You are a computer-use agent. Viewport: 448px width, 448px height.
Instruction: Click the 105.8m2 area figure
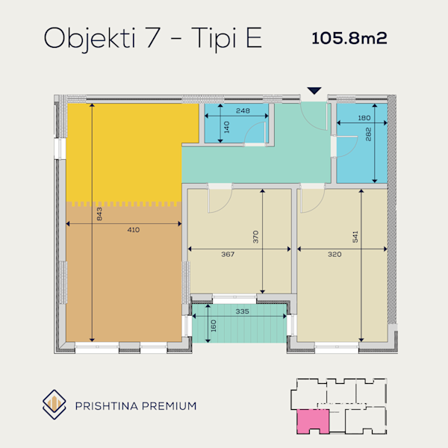[x=349, y=38]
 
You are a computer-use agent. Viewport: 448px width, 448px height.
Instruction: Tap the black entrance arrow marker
[x=314, y=90]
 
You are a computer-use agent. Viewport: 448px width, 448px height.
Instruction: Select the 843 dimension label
[x=99, y=214]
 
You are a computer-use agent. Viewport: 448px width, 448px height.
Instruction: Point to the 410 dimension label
[x=134, y=230]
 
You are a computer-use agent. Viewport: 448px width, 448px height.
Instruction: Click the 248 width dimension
[x=243, y=111]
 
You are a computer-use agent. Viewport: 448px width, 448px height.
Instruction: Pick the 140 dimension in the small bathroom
[x=226, y=127]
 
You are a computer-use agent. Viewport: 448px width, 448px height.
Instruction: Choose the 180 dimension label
[x=364, y=118]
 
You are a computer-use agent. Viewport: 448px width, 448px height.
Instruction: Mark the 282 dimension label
[x=368, y=134]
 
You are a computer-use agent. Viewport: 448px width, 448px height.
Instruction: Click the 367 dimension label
[x=228, y=254]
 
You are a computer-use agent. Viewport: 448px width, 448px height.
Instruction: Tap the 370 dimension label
[x=255, y=237]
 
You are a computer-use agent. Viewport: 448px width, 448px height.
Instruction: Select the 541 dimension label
[x=355, y=237]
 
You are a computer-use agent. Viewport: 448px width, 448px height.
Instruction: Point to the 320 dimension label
[x=335, y=254]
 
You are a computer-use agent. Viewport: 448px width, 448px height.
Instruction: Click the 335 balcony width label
[x=242, y=311]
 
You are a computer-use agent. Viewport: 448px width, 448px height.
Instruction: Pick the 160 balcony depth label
[x=214, y=326]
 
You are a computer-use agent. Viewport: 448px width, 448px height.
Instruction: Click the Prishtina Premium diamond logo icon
[x=55, y=404]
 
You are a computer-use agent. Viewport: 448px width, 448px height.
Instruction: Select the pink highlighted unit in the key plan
[x=313, y=421]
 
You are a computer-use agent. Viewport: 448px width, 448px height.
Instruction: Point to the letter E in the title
[x=254, y=37]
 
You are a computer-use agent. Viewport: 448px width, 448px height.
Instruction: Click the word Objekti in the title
[x=90, y=40]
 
